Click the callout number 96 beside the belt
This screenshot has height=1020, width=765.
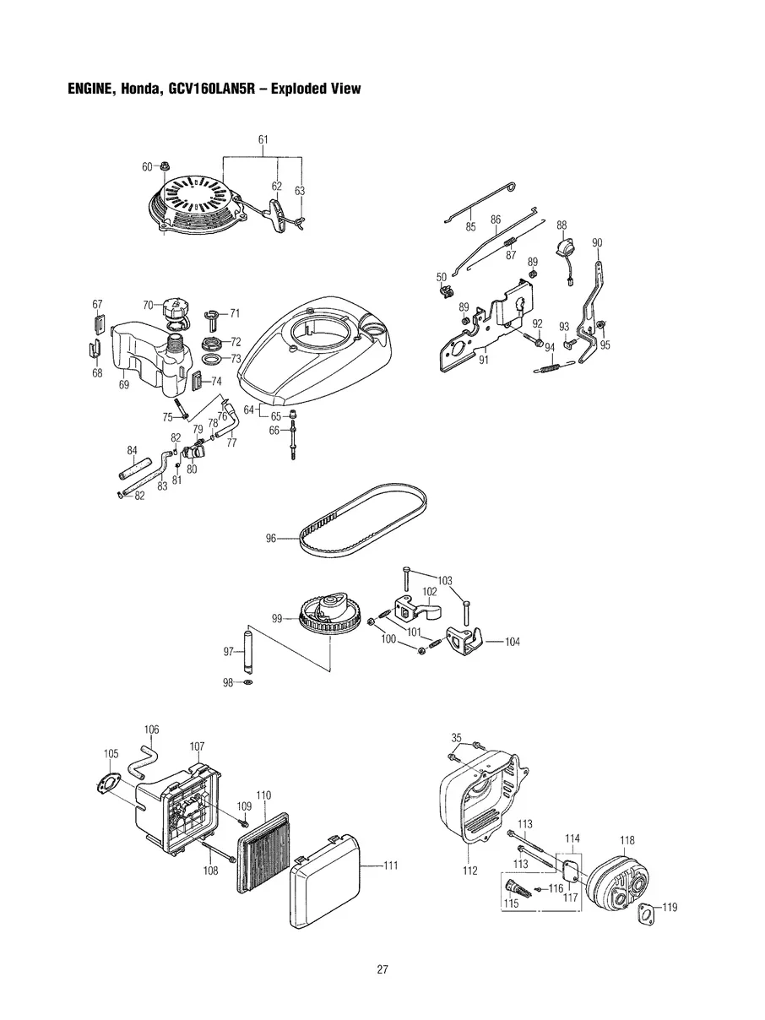click(271, 538)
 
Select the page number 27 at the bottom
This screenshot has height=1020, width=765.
click(382, 968)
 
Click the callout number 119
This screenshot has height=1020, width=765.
click(669, 908)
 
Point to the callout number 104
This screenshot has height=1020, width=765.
click(512, 642)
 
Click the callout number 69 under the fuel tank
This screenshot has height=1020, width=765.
click(124, 385)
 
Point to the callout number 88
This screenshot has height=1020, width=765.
click(562, 225)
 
